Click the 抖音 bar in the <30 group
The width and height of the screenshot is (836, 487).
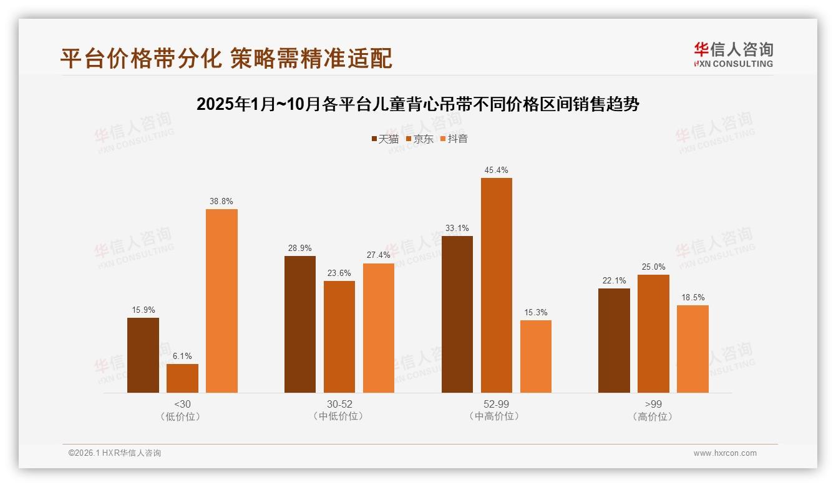(221, 301)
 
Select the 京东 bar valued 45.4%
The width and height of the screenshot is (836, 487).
(496, 285)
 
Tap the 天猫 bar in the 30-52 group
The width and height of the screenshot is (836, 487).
(300, 324)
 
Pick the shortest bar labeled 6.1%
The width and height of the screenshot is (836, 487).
(182, 378)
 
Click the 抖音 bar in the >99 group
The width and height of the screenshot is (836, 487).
(693, 349)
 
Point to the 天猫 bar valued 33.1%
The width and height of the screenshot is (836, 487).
(457, 314)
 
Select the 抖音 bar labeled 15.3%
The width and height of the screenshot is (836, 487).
(535, 357)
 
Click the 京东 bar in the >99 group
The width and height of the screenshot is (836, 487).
(653, 333)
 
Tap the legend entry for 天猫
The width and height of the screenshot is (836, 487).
(385, 139)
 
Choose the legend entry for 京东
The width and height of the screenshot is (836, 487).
(419, 139)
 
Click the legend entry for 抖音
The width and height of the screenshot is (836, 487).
(454, 139)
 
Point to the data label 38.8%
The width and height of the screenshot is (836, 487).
(221, 201)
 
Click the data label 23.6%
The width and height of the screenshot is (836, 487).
(339, 273)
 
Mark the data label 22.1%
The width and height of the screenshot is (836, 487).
(614, 280)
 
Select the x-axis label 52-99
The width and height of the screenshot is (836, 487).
(496, 404)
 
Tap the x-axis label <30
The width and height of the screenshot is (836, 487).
(182, 404)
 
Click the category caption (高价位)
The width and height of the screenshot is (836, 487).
(653, 416)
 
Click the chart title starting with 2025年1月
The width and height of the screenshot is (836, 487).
(417, 104)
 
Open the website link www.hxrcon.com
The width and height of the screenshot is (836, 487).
(725, 453)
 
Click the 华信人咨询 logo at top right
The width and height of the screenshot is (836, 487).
(733, 54)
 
